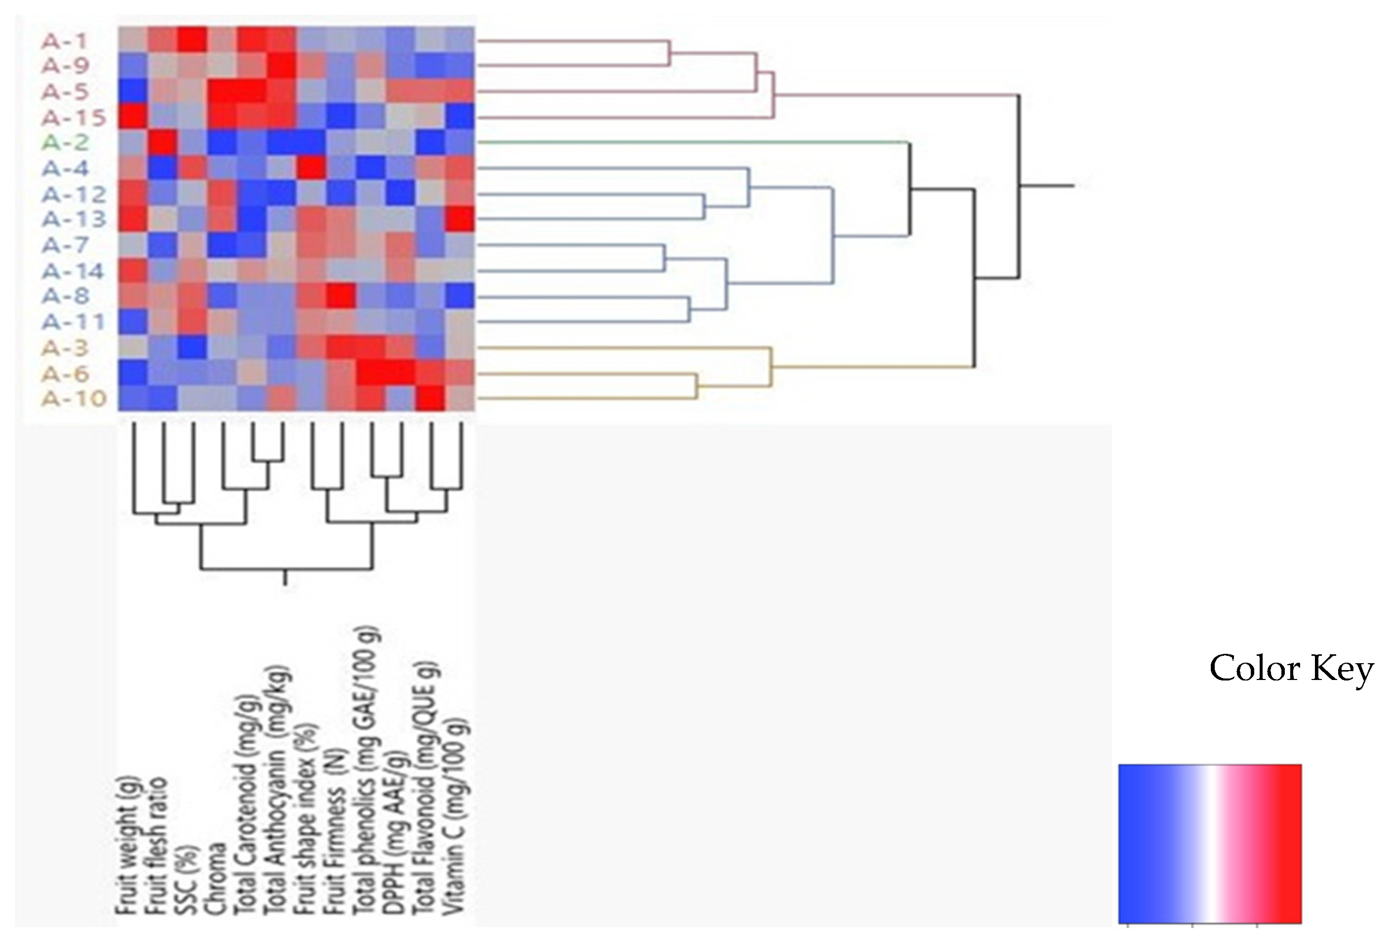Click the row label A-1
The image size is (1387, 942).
[x=65, y=40]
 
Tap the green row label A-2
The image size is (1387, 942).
[x=65, y=143]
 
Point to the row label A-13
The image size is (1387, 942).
[x=74, y=220]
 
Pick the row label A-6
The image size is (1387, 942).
[x=65, y=374]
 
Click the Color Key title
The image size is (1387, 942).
[x=1291, y=668]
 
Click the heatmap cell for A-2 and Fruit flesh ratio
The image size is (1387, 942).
[x=162, y=142]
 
